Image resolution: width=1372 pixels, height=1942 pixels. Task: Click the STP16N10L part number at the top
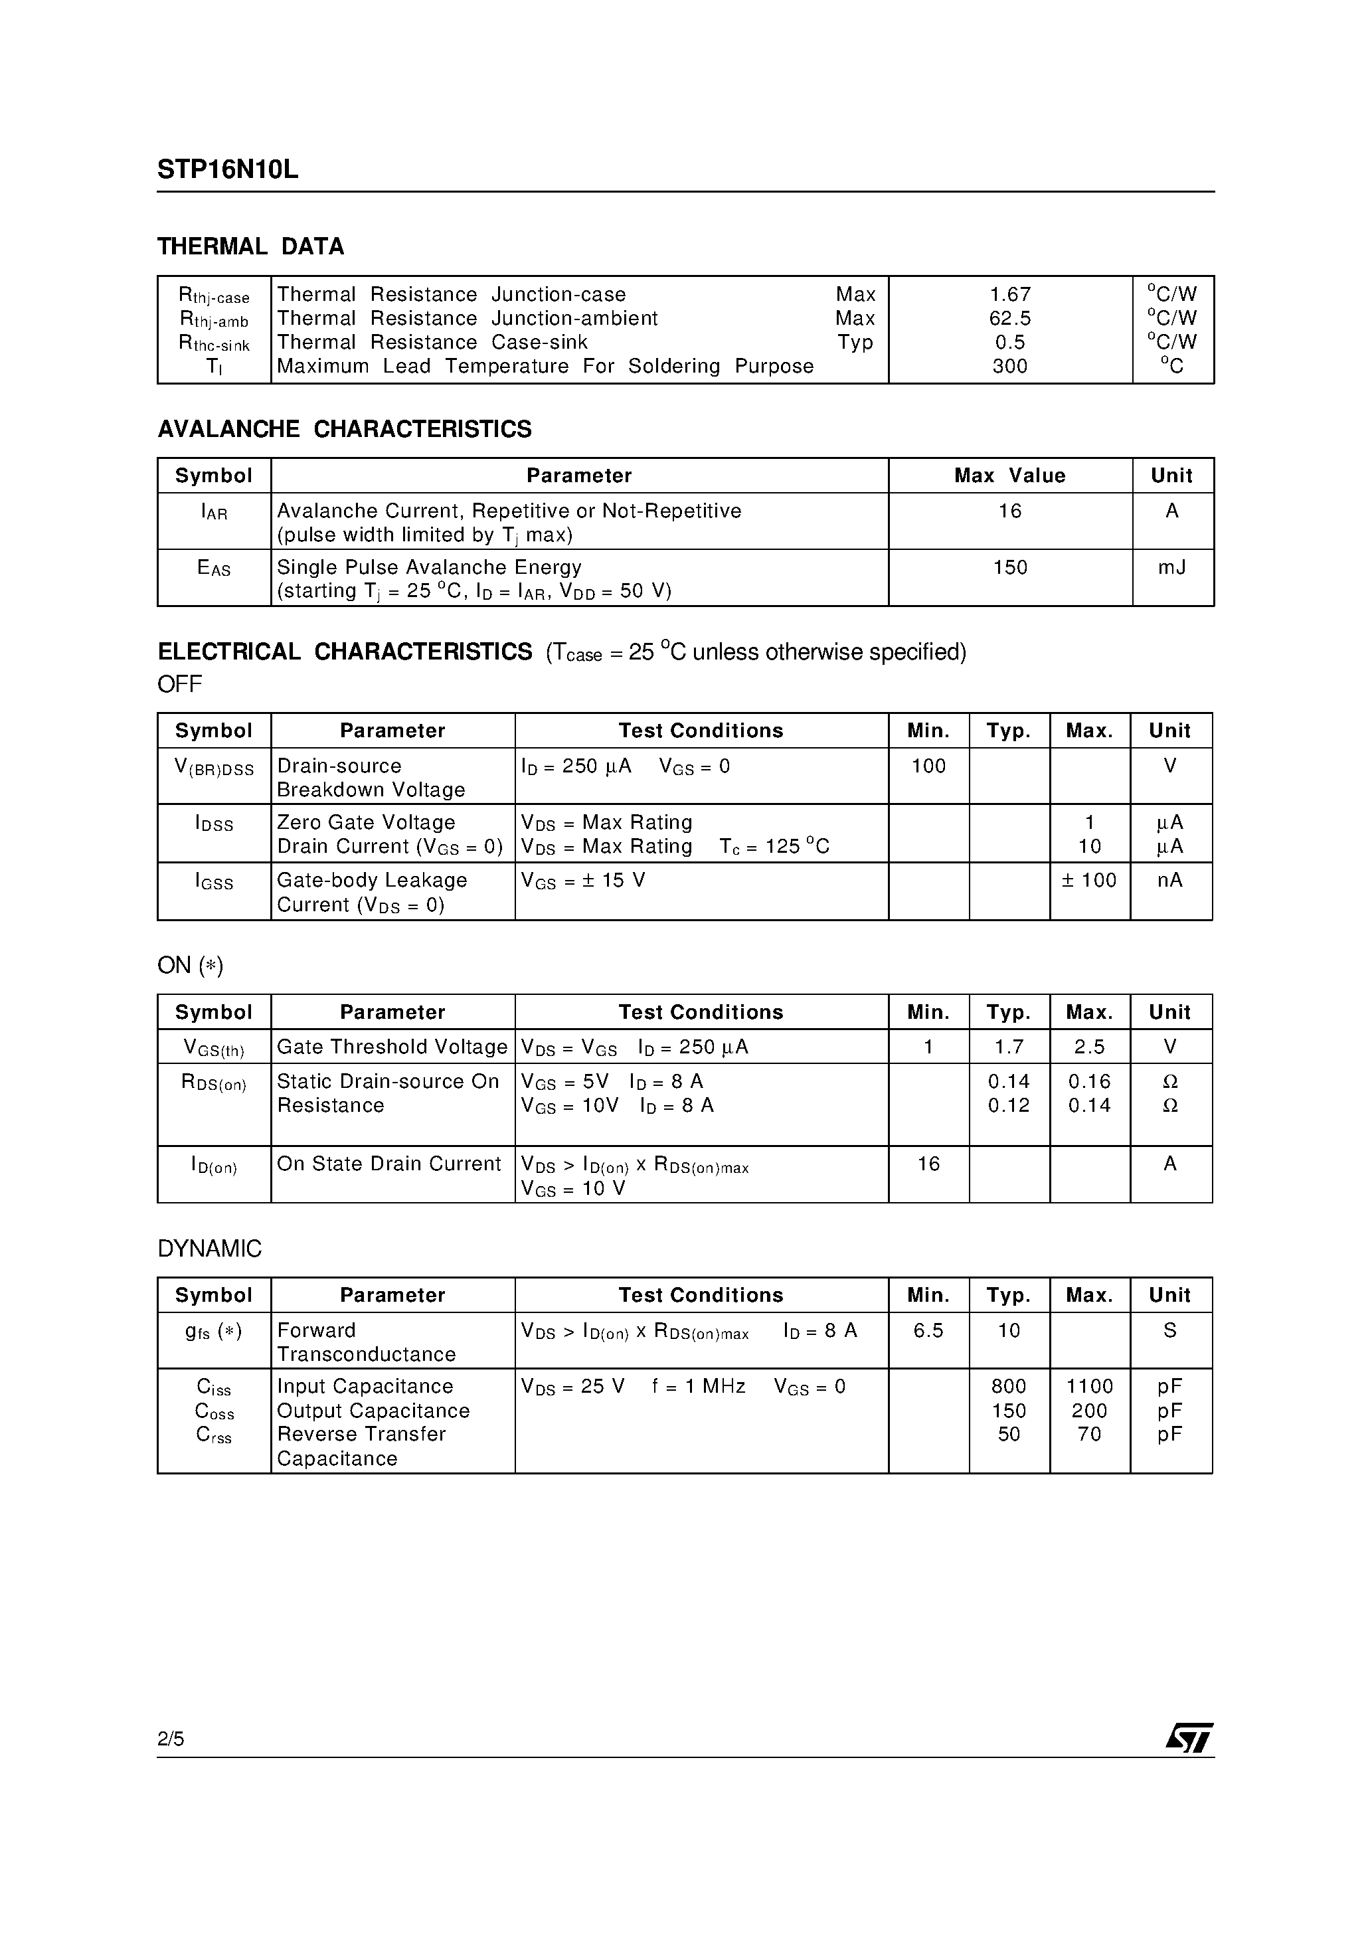tap(228, 170)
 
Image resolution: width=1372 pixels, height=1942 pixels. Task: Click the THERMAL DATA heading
tap(250, 247)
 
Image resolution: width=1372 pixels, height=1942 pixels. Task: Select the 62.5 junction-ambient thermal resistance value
tap(1009, 319)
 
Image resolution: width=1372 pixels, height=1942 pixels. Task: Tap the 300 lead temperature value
tap(1009, 366)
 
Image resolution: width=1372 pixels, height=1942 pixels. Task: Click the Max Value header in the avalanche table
tap(1009, 476)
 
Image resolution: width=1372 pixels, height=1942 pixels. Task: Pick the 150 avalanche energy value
tap(1009, 568)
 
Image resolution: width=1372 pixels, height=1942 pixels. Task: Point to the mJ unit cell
tap(1171, 568)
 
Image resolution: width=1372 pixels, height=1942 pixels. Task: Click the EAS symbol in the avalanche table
tap(213, 569)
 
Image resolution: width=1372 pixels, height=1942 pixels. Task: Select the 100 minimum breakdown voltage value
tap(928, 766)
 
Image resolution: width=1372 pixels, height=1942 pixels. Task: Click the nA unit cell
tap(1170, 881)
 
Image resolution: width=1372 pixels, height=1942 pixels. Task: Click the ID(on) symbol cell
tap(213, 1166)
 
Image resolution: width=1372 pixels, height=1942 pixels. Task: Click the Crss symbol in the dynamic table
tap(213, 1435)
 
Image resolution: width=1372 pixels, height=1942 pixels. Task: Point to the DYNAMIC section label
tap(210, 1249)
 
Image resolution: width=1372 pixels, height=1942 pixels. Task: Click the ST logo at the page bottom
tap(1189, 1739)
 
